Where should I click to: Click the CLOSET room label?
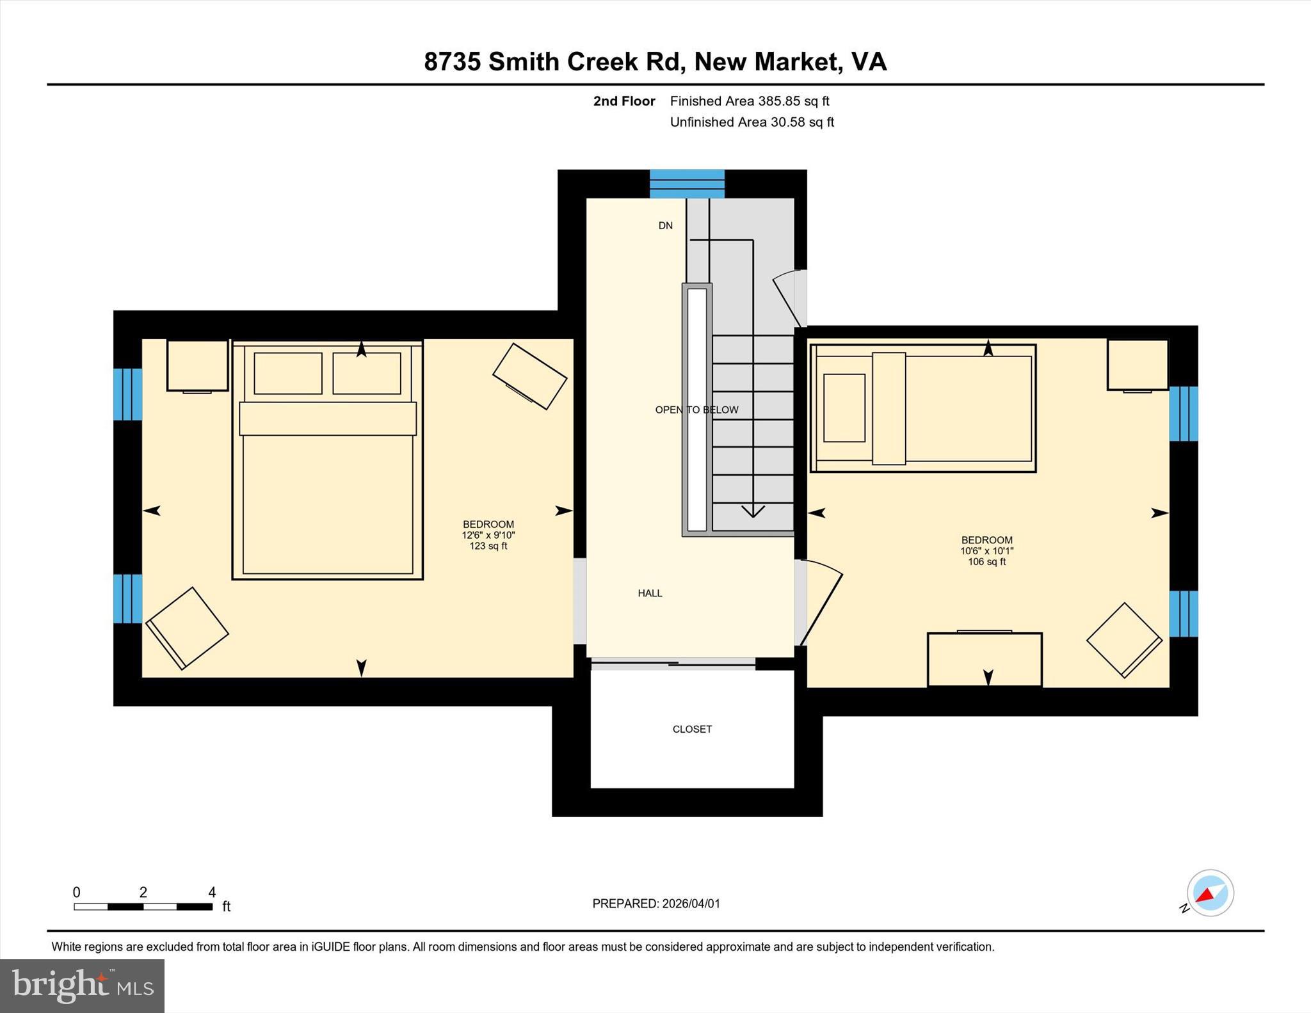coord(692,729)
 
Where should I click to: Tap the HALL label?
coord(650,593)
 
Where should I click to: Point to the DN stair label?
coord(666,225)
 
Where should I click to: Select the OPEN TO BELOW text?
coord(696,410)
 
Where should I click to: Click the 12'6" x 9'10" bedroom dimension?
coord(488,535)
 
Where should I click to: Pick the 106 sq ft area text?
coord(986,562)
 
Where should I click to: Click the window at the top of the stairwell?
coord(687,184)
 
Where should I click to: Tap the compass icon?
coord(1210,893)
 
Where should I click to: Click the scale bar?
coord(143,906)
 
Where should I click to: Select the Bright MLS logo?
coord(82,985)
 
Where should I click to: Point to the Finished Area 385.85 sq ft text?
coord(750,101)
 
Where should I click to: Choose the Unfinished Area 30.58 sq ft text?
coord(752,122)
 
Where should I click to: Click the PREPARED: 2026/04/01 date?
coord(656,904)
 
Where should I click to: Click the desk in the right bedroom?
coord(985,659)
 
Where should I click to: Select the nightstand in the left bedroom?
coord(197,365)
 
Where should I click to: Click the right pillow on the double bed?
coord(367,373)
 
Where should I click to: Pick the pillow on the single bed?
coord(844,408)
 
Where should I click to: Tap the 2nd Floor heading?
coord(624,101)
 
